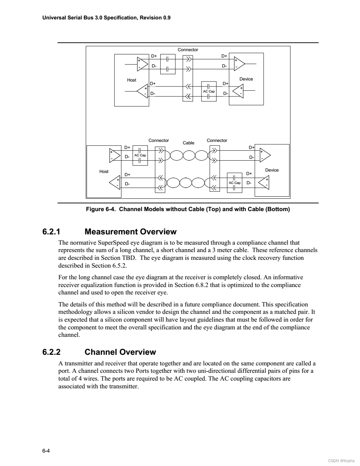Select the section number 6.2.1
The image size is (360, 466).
(x=52, y=232)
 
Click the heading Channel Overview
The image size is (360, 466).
(x=120, y=352)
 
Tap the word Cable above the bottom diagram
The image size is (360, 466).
(x=188, y=143)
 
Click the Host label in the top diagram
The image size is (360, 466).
(x=132, y=80)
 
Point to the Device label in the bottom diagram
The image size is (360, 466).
(x=272, y=170)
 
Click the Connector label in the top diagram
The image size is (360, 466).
(x=188, y=50)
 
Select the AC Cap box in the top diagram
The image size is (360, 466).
(x=209, y=91)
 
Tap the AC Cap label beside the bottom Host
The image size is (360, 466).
(x=140, y=155)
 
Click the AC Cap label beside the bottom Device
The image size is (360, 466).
(x=235, y=183)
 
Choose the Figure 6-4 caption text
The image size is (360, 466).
(x=188, y=209)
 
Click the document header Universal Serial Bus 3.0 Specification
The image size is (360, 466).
(x=106, y=17)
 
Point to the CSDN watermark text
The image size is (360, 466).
(x=341, y=460)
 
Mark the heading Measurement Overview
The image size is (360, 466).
(x=131, y=232)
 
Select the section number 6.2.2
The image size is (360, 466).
(x=52, y=352)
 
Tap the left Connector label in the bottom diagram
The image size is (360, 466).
(x=159, y=141)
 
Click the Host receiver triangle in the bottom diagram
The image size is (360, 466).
(x=115, y=183)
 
